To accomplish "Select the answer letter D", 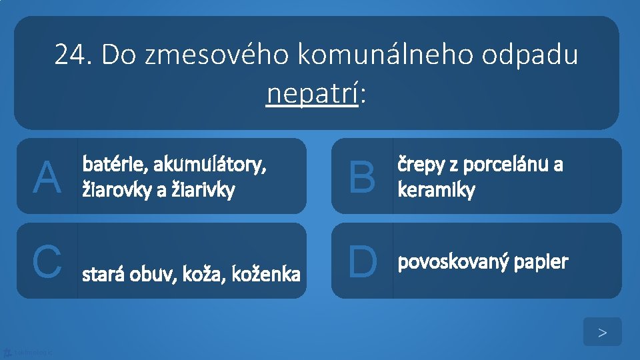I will click(x=362, y=261).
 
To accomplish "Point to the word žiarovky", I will click(x=113, y=191).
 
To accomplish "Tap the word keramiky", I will click(x=436, y=191).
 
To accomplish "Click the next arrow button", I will click(x=602, y=332).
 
